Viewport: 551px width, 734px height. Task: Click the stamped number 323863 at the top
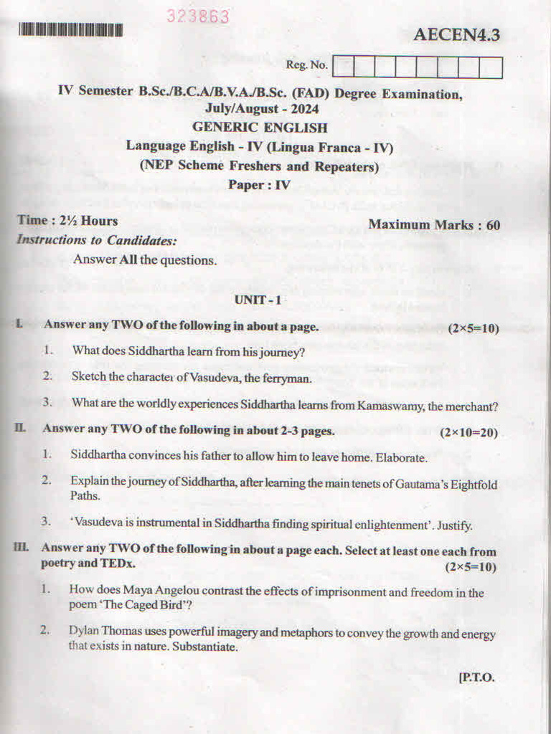pyautogui.click(x=198, y=16)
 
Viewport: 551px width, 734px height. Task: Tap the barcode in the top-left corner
pyautogui.click(x=70, y=30)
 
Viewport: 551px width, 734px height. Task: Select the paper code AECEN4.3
pyautogui.click(x=456, y=34)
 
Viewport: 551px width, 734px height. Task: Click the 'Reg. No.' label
pyautogui.click(x=307, y=65)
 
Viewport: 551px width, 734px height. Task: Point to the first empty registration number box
pyautogui.click(x=344, y=67)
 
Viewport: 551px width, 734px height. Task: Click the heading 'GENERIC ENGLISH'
pyautogui.click(x=260, y=128)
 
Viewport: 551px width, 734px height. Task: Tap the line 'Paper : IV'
pyautogui.click(x=259, y=184)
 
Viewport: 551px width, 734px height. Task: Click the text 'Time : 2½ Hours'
pyautogui.click(x=67, y=221)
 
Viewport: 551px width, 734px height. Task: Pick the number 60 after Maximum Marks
pyautogui.click(x=493, y=224)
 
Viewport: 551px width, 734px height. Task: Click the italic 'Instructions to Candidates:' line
pyautogui.click(x=96, y=240)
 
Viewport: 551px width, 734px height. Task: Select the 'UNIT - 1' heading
pyautogui.click(x=258, y=300)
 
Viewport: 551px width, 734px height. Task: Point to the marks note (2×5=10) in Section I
pyautogui.click(x=473, y=328)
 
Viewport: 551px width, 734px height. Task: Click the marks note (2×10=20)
pyautogui.click(x=468, y=432)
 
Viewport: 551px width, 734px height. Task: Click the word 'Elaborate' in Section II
pyautogui.click(x=402, y=457)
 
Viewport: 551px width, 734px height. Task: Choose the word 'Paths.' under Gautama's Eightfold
pyautogui.click(x=85, y=495)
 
